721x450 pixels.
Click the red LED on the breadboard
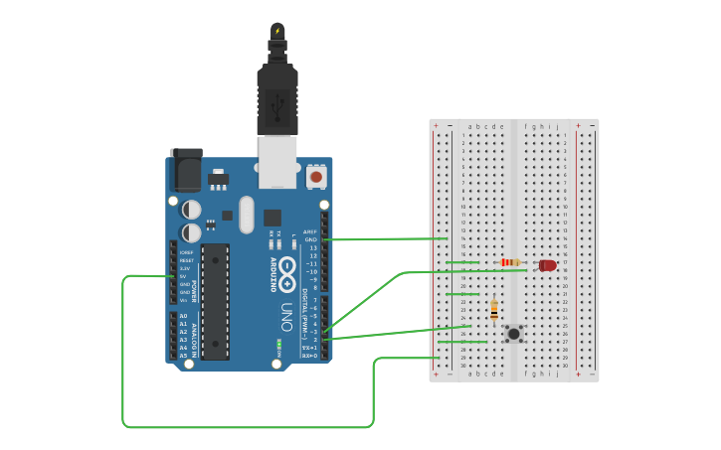point(547,265)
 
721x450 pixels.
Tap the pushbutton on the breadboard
point(513,334)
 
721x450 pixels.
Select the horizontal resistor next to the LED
point(510,262)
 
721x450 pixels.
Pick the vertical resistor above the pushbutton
point(493,311)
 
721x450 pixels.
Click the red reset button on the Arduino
point(316,177)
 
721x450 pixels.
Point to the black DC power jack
point(186,170)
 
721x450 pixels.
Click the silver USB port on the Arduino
point(277,161)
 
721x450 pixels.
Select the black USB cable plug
point(277,99)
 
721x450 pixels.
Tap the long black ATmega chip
point(215,301)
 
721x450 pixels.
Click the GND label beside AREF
point(311,239)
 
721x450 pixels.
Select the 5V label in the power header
point(186,276)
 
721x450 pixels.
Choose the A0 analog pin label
point(183,316)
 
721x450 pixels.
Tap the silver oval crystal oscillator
point(247,214)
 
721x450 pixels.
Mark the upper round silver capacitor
point(191,210)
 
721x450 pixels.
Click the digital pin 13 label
point(312,247)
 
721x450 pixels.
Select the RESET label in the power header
point(187,260)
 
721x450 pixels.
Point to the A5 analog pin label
point(183,356)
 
